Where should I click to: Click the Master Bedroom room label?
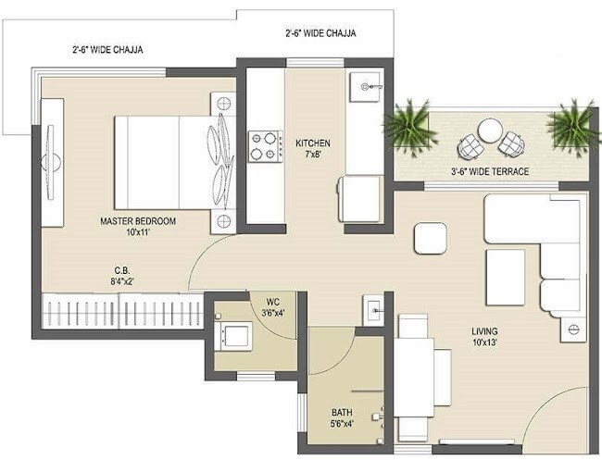click(x=138, y=222)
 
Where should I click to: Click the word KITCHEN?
click(x=312, y=143)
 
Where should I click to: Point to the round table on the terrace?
click(x=488, y=131)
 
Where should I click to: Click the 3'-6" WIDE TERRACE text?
click(x=489, y=172)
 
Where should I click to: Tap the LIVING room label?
click(x=483, y=331)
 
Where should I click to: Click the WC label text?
click(x=272, y=302)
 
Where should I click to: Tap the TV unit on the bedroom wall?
click(x=50, y=161)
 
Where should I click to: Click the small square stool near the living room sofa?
click(x=430, y=238)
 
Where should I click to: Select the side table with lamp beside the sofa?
click(x=572, y=328)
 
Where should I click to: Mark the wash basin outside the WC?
click(x=372, y=307)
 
